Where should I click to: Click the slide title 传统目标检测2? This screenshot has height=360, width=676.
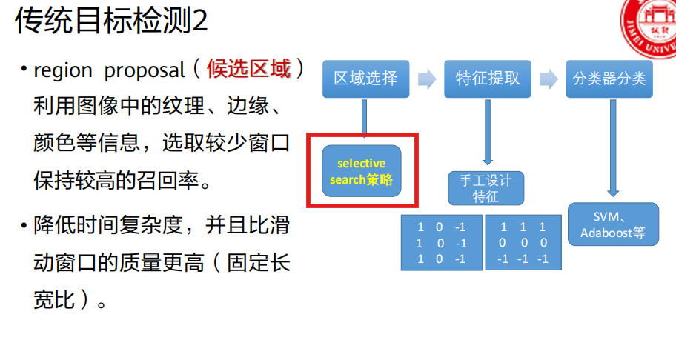(x=111, y=21)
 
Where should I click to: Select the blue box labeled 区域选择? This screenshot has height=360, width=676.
(x=365, y=79)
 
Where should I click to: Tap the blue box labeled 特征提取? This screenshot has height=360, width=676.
(x=487, y=79)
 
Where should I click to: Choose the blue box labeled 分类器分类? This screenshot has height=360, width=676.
(x=609, y=79)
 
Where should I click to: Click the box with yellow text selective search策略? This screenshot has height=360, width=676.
(x=362, y=171)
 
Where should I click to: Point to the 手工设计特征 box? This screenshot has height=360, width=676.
(x=486, y=188)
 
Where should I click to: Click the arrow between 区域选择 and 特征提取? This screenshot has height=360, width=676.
(x=426, y=79)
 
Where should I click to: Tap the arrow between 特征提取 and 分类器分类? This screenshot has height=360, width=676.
(x=548, y=79)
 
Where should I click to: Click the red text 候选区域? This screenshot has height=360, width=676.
(x=249, y=70)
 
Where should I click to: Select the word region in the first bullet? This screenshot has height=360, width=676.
(x=63, y=71)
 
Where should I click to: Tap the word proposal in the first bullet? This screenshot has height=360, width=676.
(x=145, y=71)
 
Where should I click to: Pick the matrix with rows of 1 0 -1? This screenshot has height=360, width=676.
(x=441, y=242)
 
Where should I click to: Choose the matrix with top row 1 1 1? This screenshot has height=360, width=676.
(x=523, y=242)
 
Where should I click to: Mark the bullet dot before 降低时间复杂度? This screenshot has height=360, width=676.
(x=24, y=224)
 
